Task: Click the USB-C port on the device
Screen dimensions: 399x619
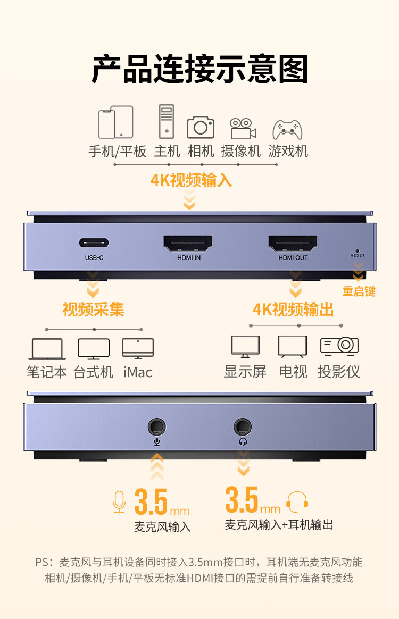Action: point(94,242)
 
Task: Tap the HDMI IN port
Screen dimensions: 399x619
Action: point(188,243)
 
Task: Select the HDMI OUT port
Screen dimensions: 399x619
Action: point(293,243)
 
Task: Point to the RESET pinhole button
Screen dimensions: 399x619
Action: point(357,250)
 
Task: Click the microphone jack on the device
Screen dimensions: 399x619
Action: point(157,426)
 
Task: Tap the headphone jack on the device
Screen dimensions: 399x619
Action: point(243,426)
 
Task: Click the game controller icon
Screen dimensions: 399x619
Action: point(287,129)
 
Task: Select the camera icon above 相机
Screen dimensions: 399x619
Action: point(201,127)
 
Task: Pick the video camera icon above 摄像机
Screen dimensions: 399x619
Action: point(243,129)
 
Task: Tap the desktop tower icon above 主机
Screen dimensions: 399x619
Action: point(167,121)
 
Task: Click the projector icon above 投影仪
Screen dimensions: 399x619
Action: point(339,346)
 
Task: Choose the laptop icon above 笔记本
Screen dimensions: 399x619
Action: point(47,349)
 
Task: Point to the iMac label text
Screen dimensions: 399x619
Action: point(137,372)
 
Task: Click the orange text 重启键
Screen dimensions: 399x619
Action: point(359,291)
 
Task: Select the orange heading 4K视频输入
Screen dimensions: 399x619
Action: point(191,180)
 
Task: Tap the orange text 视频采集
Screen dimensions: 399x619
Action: point(93,309)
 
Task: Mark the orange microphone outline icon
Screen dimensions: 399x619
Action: point(119,502)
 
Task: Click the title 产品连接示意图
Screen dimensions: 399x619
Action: point(199,69)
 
